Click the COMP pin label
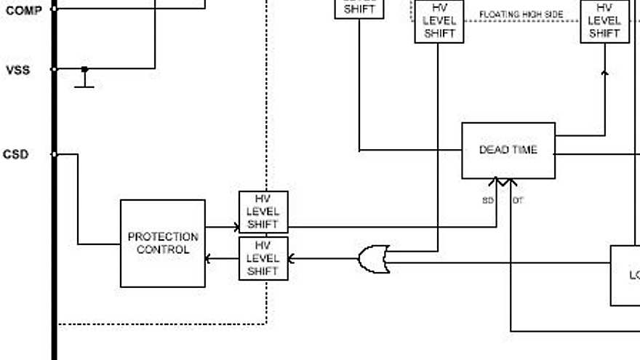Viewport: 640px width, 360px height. [x=23, y=10]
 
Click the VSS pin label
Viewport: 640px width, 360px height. [x=18, y=71]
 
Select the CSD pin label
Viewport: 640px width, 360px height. [x=16, y=154]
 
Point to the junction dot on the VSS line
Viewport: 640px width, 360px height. [x=84, y=69]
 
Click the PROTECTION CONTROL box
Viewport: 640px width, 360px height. [x=162, y=243]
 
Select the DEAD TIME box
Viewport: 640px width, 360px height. [x=508, y=150]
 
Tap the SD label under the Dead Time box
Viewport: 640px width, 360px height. [x=487, y=200]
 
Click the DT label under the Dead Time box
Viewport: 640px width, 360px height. [x=518, y=200]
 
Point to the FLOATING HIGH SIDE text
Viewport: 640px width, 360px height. [x=521, y=15]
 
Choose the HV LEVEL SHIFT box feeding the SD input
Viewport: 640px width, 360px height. [x=263, y=212]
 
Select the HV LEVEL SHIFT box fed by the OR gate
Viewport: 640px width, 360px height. [x=263, y=258]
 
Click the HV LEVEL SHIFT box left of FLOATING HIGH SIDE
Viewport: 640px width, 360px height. [x=439, y=21]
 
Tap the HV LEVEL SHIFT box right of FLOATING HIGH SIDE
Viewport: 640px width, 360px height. [x=604, y=21]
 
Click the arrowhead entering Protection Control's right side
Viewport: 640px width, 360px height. [x=209, y=258]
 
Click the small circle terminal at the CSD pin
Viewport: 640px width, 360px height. [x=55, y=154]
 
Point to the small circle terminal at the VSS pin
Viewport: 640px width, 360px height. [x=55, y=70]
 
